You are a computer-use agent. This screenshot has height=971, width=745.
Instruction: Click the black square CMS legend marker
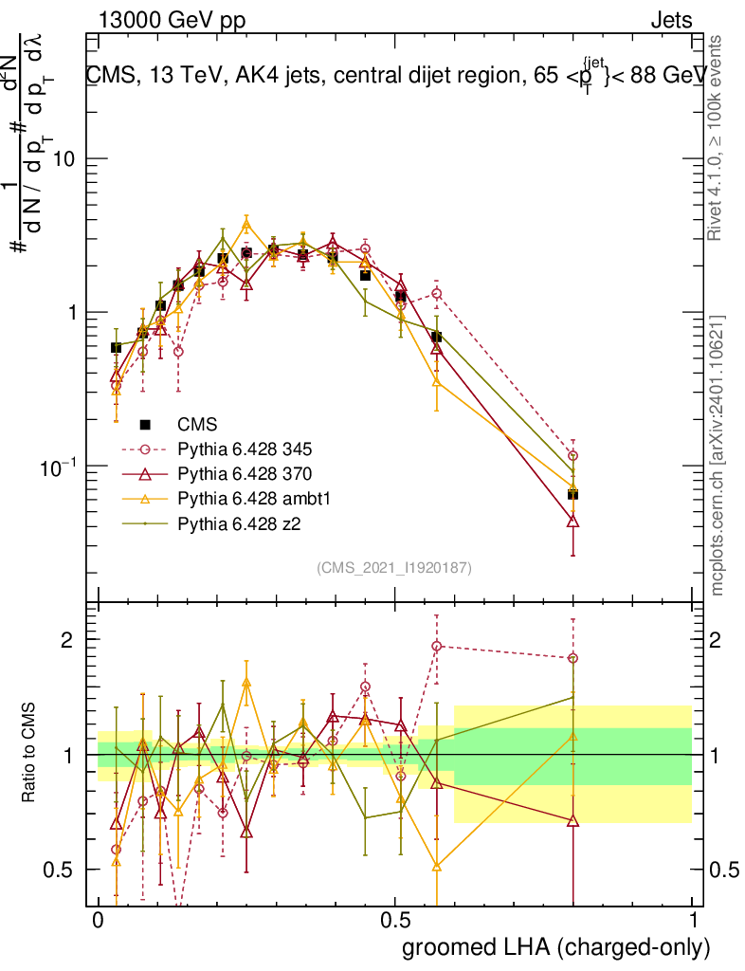tap(145, 423)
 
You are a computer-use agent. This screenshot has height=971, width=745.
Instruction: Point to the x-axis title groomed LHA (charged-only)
tap(556, 947)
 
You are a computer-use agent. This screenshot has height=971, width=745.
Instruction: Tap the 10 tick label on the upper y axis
tap(64, 158)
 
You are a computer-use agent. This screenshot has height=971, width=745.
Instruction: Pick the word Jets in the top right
tap(670, 20)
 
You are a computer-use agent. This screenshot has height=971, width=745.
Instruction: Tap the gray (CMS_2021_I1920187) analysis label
tap(394, 567)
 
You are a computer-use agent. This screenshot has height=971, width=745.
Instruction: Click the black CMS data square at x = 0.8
tap(572, 494)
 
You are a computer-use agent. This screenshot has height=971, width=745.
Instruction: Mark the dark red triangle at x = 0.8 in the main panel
tap(572, 521)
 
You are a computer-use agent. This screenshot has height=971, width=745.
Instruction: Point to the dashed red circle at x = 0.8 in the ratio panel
tap(572, 658)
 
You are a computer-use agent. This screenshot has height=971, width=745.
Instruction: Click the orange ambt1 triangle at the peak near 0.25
tap(246, 226)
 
